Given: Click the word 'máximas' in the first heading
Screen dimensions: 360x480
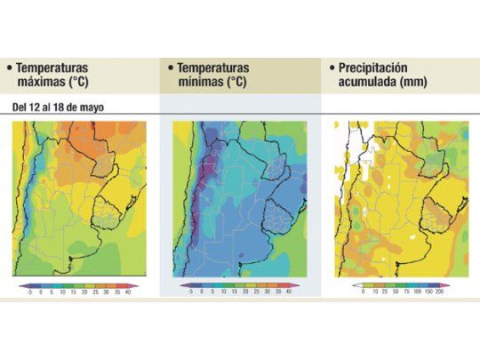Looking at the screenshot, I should pyautogui.click(x=42, y=83).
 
